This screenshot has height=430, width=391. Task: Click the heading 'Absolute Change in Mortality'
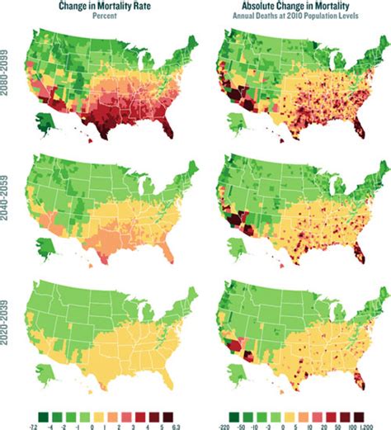pos(292,5)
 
